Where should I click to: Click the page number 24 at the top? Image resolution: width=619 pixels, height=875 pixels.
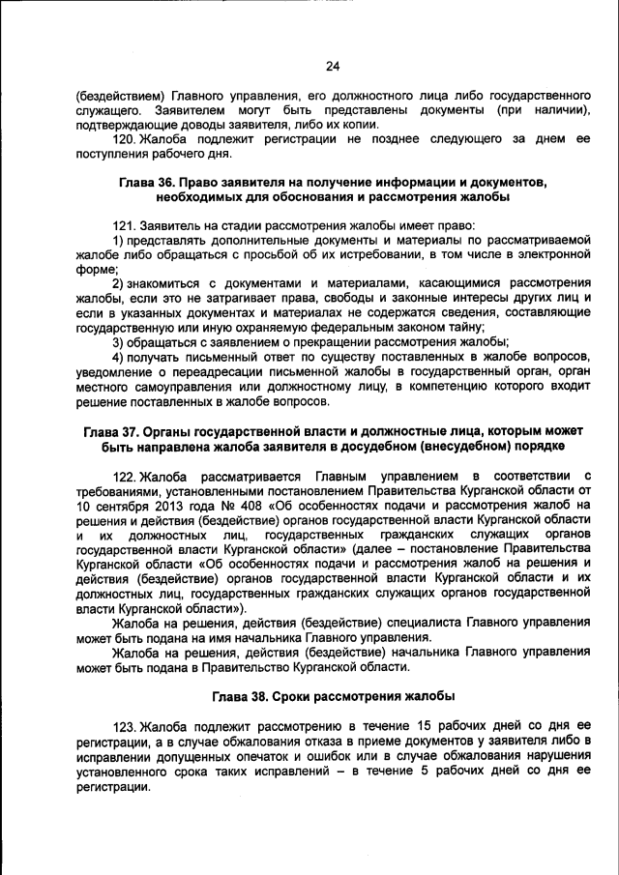coord(333,66)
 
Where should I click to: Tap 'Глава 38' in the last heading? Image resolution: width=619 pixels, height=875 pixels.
coord(245,696)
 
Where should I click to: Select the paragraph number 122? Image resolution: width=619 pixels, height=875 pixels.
coord(125,477)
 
